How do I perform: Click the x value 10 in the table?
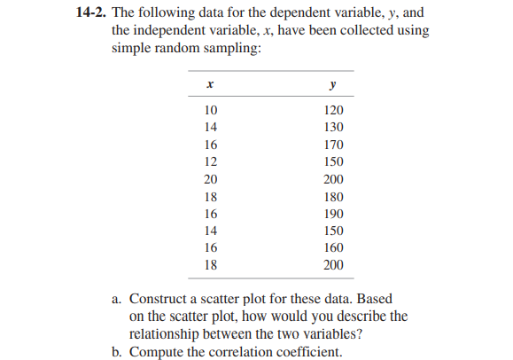pos(210,111)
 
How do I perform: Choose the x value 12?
pos(210,162)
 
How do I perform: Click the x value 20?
pos(210,179)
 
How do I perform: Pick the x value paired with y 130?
pos(210,129)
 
